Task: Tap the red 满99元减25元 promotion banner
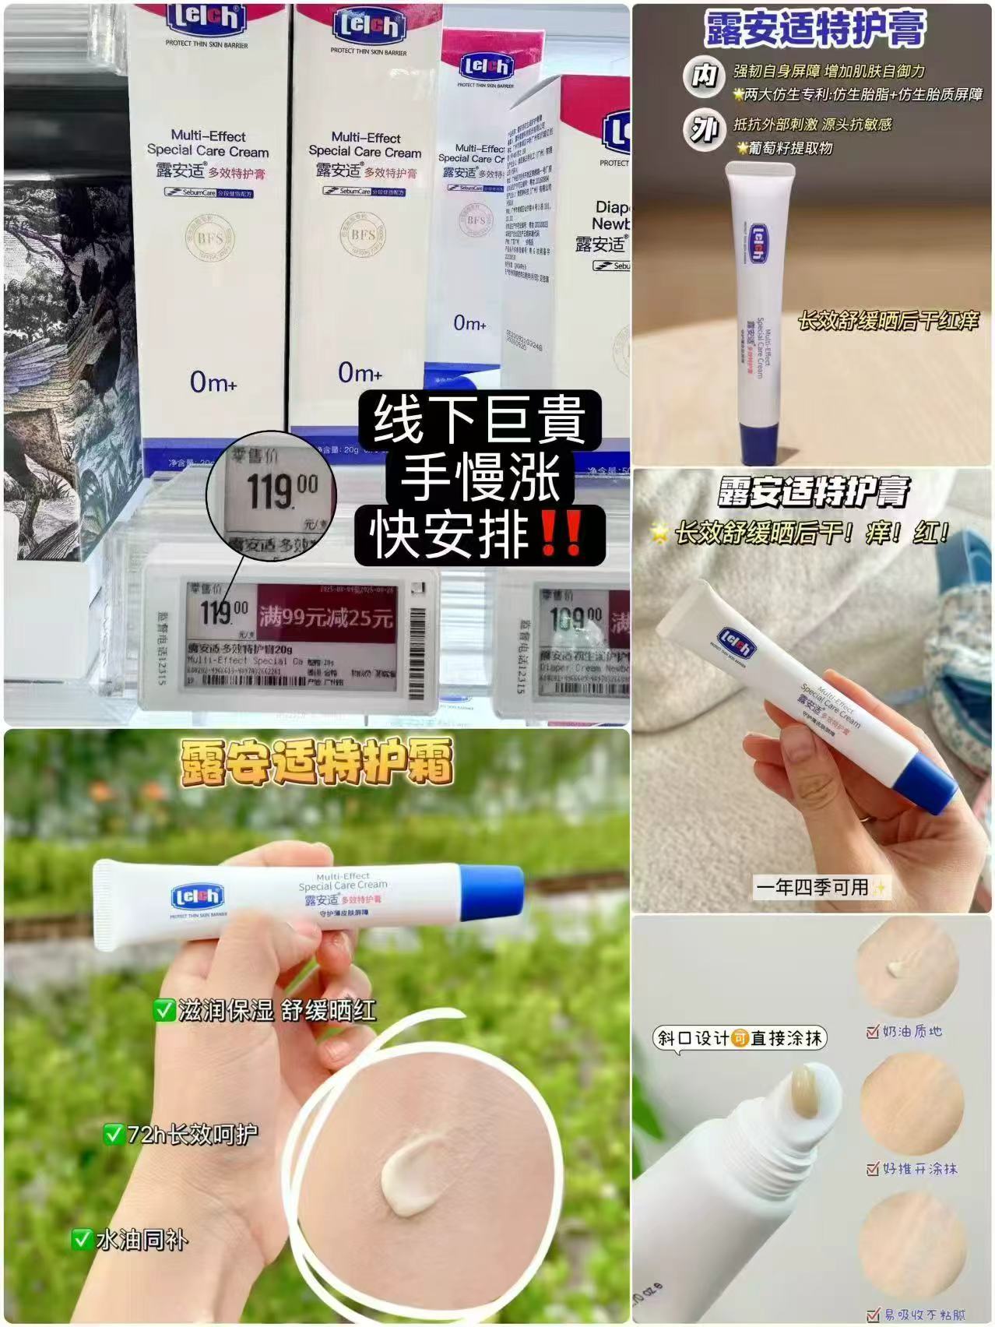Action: pos(338,618)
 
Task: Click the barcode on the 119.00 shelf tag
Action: pos(417,635)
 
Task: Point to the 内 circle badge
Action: pos(704,77)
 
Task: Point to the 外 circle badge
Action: pos(704,131)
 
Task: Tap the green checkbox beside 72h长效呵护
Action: pos(114,1134)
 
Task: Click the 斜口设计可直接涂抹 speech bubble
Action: pos(739,1038)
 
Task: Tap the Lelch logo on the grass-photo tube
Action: pos(197,898)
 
